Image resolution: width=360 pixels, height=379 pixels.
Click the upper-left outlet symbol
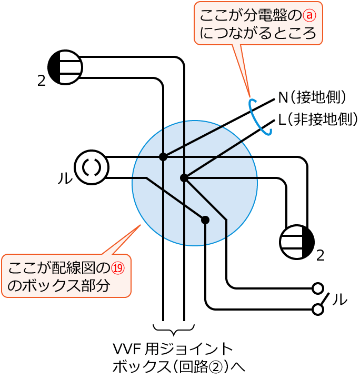[x=65, y=67]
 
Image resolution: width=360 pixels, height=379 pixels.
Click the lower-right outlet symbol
[x=297, y=242]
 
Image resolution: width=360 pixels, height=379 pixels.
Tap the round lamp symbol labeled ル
[x=92, y=167]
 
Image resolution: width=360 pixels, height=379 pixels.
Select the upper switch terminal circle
[x=317, y=288]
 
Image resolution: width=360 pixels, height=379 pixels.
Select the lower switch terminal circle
[x=317, y=310]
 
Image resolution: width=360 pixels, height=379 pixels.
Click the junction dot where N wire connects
[x=163, y=157]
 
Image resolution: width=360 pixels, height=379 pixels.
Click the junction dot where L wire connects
[x=184, y=178]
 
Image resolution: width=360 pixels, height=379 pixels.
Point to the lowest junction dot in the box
[x=205, y=220]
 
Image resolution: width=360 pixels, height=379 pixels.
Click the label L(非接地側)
[x=318, y=119]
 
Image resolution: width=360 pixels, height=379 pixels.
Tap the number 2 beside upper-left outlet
[x=42, y=81]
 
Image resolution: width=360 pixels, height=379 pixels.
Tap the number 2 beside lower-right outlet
[x=320, y=256]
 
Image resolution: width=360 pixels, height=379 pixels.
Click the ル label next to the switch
[x=339, y=299]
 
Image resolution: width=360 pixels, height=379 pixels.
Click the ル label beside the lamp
[x=65, y=178]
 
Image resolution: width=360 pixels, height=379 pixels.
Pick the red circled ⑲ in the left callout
[x=117, y=268]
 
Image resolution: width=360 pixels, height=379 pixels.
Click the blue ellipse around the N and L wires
[x=259, y=117]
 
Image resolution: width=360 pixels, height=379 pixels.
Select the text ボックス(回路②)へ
[x=179, y=366]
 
